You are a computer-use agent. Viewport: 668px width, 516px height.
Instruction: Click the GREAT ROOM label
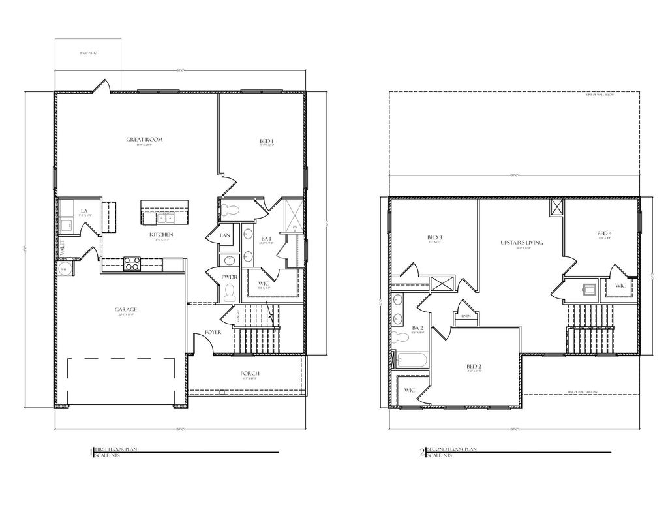[x=144, y=139]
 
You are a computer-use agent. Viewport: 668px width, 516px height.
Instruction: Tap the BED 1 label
[x=266, y=142]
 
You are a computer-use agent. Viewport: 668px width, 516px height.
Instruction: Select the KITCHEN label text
[x=161, y=234]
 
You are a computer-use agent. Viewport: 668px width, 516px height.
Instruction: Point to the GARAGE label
[x=127, y=309]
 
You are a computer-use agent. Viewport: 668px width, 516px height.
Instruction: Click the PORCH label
[x=250, y=373]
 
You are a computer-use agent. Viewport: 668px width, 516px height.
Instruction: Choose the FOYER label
[x=213, y=332]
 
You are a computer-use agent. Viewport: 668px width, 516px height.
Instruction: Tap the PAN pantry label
[x=224, y=235]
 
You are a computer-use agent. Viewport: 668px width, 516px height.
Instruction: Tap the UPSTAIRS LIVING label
[x=521, y=243]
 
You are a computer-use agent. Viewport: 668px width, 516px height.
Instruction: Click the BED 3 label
[x=435, y=237]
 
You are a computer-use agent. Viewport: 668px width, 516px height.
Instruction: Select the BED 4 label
[x=604, y=234]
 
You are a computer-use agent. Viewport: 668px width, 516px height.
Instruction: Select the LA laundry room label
[x=84, y=211]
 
